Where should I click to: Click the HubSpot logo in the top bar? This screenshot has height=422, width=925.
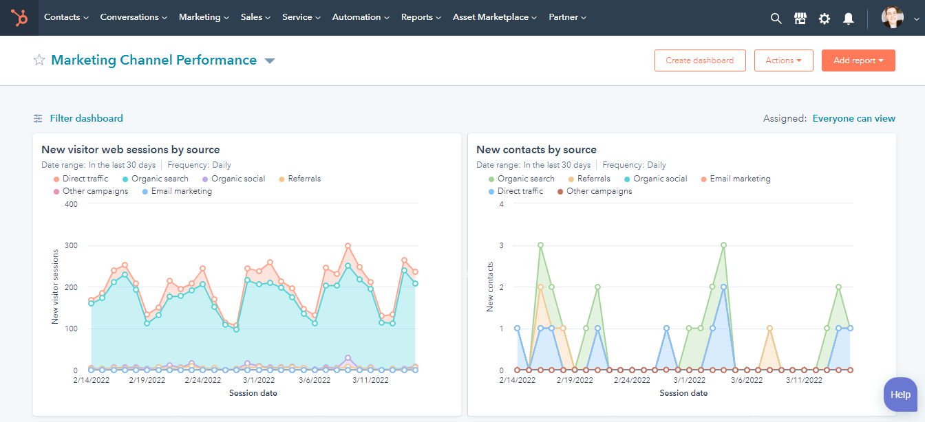(x=19, y=18)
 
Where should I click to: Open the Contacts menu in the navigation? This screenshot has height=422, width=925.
(x=66, y=17)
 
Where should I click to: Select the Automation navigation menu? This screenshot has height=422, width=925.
(x=361, y=17)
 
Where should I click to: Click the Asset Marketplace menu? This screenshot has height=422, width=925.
(x=495, y=17)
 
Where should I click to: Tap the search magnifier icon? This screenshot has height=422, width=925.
(x=776, y=19)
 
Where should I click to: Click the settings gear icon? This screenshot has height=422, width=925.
(x=824, y=19)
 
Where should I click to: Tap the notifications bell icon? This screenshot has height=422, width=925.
(x=848, y=19)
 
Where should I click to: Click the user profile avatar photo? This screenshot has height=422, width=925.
(x=893, y=19)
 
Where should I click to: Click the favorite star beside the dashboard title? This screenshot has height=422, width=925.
(x=39, y=60)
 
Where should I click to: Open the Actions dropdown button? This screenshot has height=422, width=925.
(x=783, y=60)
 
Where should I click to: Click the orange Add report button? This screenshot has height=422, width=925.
(x=858, y=60)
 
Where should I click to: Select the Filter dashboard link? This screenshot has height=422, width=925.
(x=86, y=118)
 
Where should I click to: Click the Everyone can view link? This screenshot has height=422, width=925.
(x=853, y=118)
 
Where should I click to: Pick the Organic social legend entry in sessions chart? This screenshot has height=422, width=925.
(x=237, y=179)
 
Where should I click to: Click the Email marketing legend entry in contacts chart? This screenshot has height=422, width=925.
(x=740, y=179)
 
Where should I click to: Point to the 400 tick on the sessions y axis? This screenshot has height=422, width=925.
(x=70, y=204)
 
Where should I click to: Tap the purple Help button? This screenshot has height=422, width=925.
(x=900, y=395)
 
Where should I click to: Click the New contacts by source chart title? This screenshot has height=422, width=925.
(x=536, y=150)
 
